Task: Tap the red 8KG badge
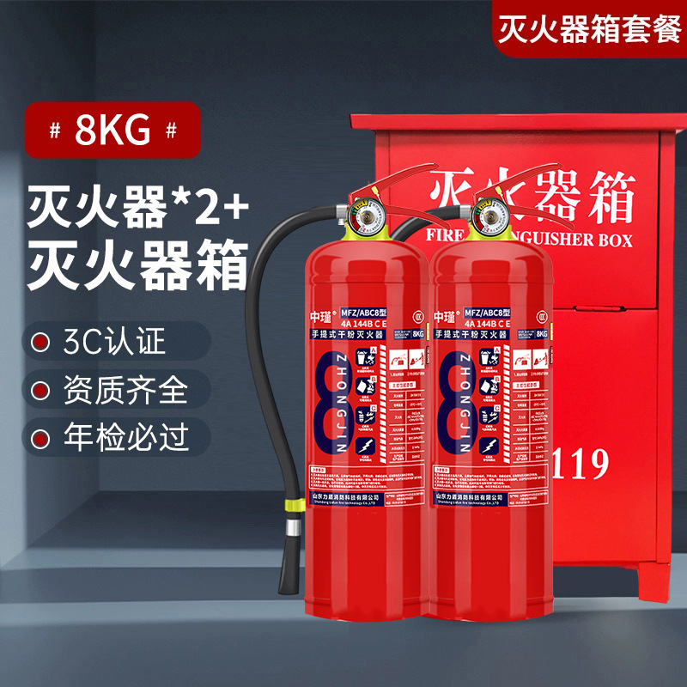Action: (112, 131)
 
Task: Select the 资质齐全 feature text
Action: (125, 390)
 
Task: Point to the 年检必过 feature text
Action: (125, 438)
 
